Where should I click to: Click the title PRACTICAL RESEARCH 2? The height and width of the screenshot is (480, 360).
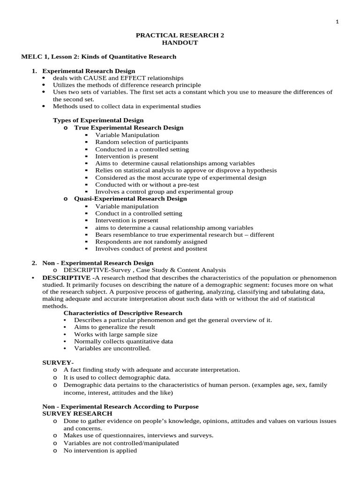180,35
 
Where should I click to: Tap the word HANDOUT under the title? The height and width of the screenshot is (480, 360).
180,43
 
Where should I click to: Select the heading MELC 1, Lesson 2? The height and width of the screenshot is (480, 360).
99,57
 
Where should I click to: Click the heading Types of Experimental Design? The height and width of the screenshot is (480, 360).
98,120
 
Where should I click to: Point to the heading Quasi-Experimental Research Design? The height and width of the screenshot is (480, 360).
130,199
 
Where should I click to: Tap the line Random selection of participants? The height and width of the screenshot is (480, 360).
142,142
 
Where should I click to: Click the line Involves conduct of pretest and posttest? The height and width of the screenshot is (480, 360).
151,249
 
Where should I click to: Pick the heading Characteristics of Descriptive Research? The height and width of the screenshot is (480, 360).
123,313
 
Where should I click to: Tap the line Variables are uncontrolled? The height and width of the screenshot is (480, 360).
112,348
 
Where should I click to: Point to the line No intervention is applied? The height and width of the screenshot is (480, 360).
100,450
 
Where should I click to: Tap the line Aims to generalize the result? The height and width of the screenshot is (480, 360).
115,327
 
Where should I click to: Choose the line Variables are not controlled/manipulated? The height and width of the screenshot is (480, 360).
121,443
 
